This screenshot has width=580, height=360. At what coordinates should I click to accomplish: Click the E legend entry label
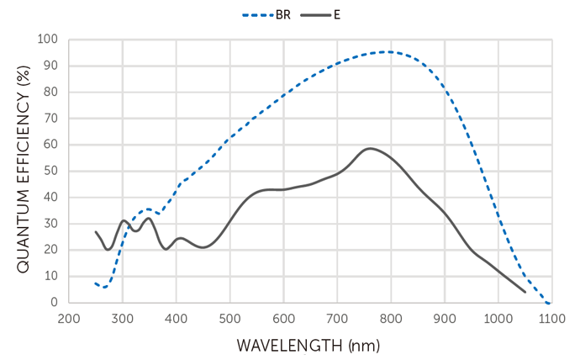338,14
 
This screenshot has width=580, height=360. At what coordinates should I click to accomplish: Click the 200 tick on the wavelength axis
69,319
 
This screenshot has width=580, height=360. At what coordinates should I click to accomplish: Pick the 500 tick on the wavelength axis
229,319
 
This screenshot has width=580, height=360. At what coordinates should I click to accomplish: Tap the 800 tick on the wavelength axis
390,319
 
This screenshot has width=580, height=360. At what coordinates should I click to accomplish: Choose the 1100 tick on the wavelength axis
551,319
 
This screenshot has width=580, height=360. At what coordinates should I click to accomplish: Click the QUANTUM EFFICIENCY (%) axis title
23,171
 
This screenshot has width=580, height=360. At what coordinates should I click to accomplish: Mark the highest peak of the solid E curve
370,149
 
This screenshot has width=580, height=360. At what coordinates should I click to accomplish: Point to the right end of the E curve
525,292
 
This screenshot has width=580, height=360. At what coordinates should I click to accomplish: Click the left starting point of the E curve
96,231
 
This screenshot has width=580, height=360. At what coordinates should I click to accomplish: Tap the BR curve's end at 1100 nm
550,303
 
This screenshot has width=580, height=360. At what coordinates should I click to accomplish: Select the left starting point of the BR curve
96,283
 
